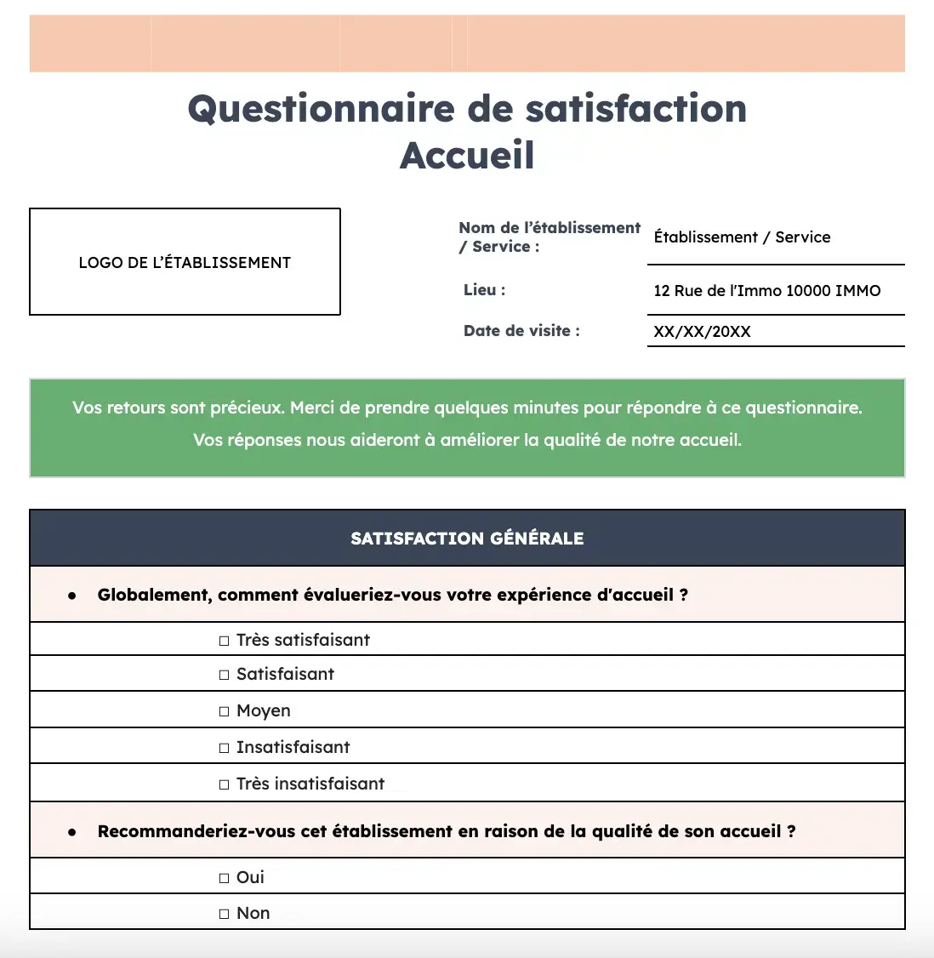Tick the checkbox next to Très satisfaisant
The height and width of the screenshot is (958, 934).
click(x=225, y=641)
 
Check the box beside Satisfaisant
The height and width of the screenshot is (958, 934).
click(x=225, y=675)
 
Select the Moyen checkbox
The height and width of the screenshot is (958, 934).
click(x=225, y=711)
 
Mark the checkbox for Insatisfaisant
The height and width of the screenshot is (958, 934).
click(x=225, y=748)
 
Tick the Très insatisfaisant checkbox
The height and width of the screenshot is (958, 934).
click(x=225, y=784)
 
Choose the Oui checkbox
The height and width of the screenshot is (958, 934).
click(x=225, y=878)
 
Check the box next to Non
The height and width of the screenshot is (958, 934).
click(x=225, y=914)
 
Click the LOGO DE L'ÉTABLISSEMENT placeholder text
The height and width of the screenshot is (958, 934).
click(x=185, y=263)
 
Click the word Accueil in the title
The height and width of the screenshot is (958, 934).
click(x=467, y=155)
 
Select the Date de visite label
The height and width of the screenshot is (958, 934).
click(x=521, y=331)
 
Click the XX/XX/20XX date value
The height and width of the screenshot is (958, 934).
click(x=702, y=332)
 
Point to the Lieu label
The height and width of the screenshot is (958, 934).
click(x=484, y=290)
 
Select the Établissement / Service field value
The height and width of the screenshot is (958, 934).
click(x=742, y=237)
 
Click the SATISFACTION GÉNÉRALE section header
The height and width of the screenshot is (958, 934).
click(x=467, y=539)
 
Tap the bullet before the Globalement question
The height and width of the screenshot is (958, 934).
click(x=72, y=596)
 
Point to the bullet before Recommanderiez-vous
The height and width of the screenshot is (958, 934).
click(x=72, y=832)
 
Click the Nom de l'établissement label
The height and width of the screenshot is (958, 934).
click(x=549, y=228)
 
